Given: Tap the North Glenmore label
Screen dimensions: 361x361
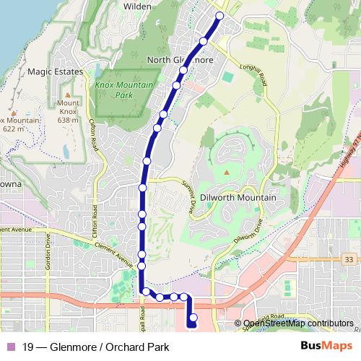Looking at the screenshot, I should [180, 60].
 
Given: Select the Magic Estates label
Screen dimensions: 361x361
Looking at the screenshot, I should [55, 72].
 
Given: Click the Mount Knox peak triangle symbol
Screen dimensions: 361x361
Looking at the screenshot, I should [67, 95].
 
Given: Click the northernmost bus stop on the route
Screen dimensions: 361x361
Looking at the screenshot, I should [219, 15].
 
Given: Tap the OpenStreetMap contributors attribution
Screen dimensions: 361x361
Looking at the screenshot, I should [298, 323].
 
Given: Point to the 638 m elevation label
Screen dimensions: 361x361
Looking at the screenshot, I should [66, 120].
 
